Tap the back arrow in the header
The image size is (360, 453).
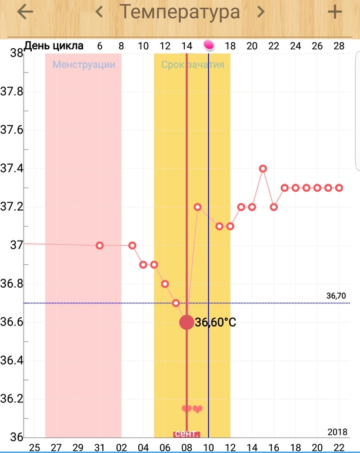point(25,12)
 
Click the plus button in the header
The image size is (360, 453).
point(335,12)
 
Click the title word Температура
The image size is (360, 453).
point(179,12)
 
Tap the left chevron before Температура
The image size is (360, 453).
point(99,12)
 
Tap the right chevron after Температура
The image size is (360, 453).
point(260,12)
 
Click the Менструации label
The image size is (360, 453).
point(84,65)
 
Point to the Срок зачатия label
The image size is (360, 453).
point(193,65)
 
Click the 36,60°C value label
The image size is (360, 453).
point(215,322)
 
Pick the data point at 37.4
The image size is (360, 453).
point(263,168)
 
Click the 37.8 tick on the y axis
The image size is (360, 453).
point(11,92)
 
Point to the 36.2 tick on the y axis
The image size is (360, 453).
point(11,399)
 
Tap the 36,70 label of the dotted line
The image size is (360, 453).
point(336,296)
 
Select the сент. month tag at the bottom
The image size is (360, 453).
point(186,434)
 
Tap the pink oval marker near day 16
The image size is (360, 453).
point(209,45)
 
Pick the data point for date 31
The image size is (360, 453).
point(99,245)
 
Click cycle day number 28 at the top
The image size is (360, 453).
point(339,46)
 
